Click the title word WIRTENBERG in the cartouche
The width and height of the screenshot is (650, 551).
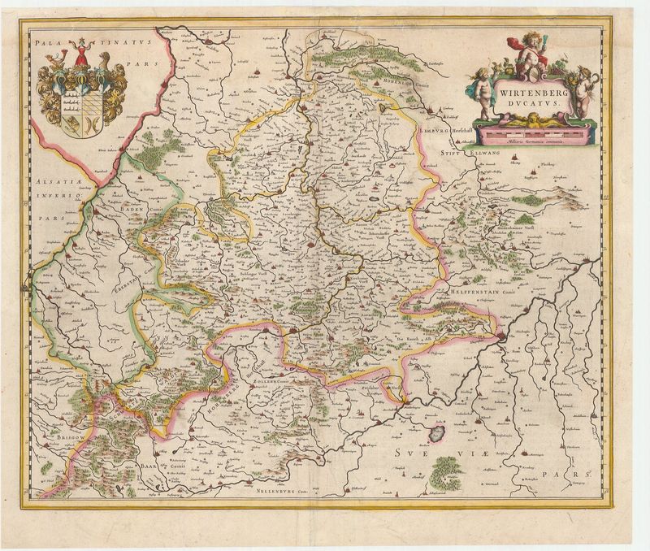pyautogui.click(x=532, y=93)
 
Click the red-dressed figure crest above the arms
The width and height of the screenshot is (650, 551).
pyautogui.click(x=81, y=55)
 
